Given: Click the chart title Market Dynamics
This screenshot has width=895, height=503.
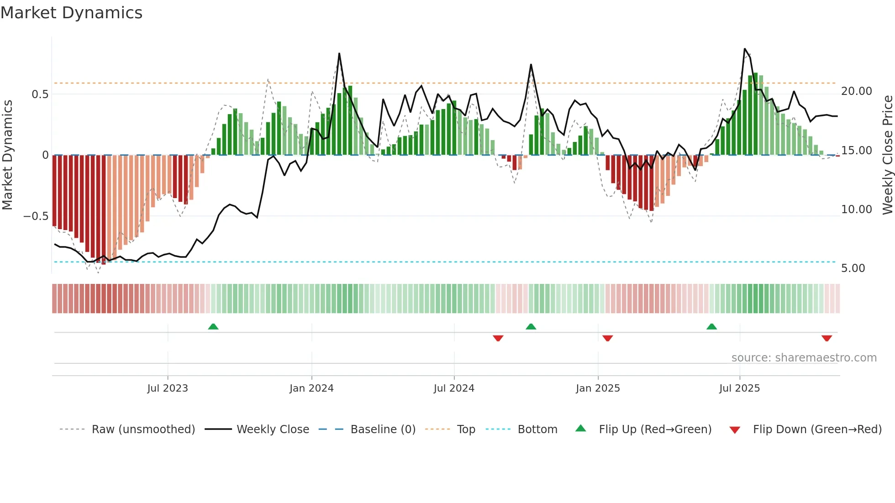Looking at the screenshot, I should pyautogui.click(x=72, y=13).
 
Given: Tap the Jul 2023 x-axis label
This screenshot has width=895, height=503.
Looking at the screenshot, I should pyautogui.click(x=168, y=388).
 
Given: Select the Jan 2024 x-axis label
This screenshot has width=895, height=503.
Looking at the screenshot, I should pyautogui.click(x=311, y=388).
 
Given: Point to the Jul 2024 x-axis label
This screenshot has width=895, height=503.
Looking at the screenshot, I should pyautogui.click(x=454, y=388).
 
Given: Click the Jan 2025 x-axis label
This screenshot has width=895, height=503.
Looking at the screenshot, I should pyautogui.click(x=598, y=388).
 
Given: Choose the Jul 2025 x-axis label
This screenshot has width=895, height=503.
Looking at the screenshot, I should pyautogui.click(x=739, y=388).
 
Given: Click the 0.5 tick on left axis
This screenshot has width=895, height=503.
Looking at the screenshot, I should pyautogui.click(x=40, y=94).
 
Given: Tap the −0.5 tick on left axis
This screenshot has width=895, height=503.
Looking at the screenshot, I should pyautogui.click(x=36, y=216).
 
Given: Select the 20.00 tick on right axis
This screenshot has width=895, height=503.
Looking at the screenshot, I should pyautogui.click(x=857, y=91).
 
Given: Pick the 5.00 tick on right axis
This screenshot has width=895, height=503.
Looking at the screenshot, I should pyautogui.click(x=853, y=268).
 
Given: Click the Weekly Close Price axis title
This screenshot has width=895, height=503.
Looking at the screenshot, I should pyautogui.click(x=887, y=155).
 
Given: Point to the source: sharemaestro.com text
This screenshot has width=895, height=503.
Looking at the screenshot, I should pyautogui.click(x=804, y=358).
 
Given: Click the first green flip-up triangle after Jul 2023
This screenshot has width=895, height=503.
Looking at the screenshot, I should pyautogui.click(x=213, y=327).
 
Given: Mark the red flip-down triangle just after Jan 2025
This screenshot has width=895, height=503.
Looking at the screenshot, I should pyautogui.click(x=607, y=338).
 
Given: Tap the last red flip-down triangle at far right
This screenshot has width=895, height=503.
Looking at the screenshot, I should pyautogui.click(x=827, y=338).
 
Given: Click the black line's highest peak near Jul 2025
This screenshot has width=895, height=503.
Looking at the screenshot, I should pyautogui.click(x=745, y=49).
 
